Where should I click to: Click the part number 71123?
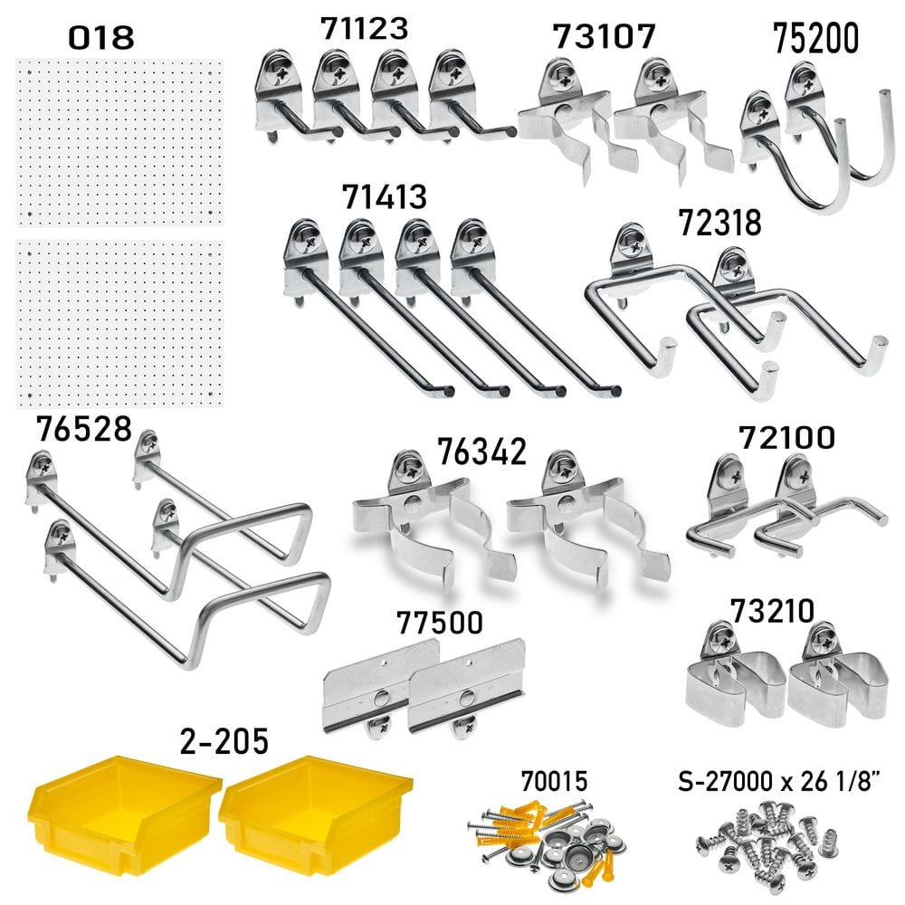tap(364, 28)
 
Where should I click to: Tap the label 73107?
tap(605, 36)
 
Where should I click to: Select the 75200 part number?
tap(815, 39)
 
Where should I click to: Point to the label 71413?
tap(385, 196)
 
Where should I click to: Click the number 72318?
tap(719, 223)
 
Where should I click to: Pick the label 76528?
tap(84, 429)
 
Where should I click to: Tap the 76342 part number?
tap(482, 452)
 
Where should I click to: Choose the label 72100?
tap(786, 437)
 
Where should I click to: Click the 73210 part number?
tap(772, 611)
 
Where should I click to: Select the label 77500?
tap(440, 623)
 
